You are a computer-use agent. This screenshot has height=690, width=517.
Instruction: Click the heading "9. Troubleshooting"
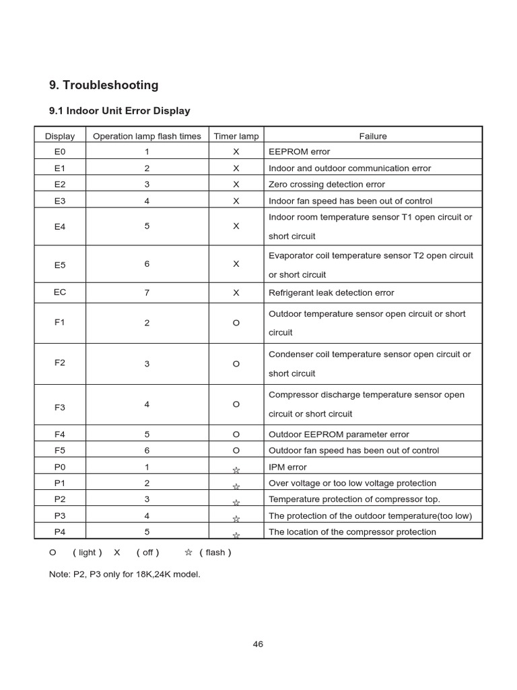click(x=104, y=85)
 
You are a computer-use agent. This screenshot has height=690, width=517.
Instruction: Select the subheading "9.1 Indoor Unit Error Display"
click(x=120, y=111)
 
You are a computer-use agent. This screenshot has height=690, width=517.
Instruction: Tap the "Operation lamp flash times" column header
click(x=147, y=136)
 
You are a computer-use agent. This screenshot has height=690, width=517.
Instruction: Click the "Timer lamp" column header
click(x=236, y=136)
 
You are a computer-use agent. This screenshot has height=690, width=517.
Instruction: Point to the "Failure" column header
click(x=373, y=136)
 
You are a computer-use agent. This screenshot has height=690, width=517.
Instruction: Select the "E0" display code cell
click(x=60, y=152)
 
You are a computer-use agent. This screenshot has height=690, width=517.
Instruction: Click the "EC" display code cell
click(x=60, y=292)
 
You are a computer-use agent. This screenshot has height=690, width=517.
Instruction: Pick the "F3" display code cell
click(x=60, y=407)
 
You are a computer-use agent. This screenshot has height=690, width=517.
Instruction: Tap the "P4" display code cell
click(x=60, y=532)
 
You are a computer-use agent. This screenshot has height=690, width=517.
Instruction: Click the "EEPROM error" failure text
click(x=300, y=152)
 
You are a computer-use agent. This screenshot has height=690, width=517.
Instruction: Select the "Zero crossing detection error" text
click(x=327, y=184)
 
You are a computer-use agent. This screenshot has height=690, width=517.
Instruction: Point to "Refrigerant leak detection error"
click(x=331, y=292)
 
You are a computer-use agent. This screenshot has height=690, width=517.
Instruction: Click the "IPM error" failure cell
click(x=287, y=467)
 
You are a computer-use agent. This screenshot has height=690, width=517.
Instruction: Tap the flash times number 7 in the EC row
click(x=147, y=292)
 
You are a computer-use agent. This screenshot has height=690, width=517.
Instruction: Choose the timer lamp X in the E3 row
click(x=236, y=201)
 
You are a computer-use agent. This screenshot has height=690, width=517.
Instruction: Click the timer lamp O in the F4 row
click(x=236, y=435)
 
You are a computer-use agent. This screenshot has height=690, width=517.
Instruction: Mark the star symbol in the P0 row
click(x=236, y=470)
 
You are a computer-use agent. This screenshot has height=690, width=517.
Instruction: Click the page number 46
click(x=258, y=644)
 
